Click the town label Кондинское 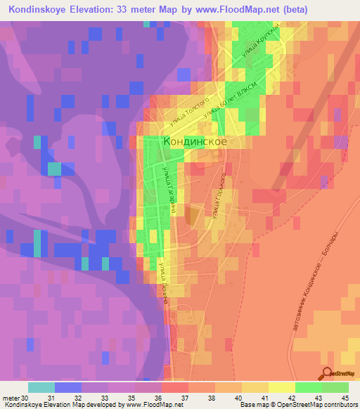click(195, 141)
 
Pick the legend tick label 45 click(344, 398)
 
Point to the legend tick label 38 click(202, 398)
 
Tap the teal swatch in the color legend click(41, 388)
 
